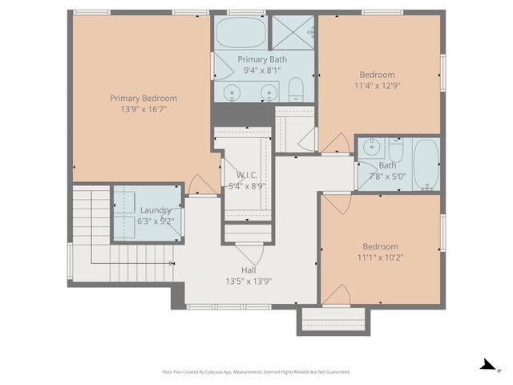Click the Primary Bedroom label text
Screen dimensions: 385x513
[x=143, y=98]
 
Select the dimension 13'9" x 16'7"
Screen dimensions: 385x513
[x=143, y=110]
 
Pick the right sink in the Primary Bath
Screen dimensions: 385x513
[x=269, y=92]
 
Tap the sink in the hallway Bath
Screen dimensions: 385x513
[x=371, y=148]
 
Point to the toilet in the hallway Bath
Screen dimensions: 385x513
[x=396, y=150]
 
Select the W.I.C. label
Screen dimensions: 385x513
[x=247, y=175]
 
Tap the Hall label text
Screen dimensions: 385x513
[x=249, y=270]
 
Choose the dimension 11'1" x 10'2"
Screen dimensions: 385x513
[x=380, y=257]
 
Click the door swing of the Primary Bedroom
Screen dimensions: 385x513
[x=202, y=185]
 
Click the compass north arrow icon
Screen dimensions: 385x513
[x=487, y=366]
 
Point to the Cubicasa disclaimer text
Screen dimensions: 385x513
[x=256, y=371]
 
